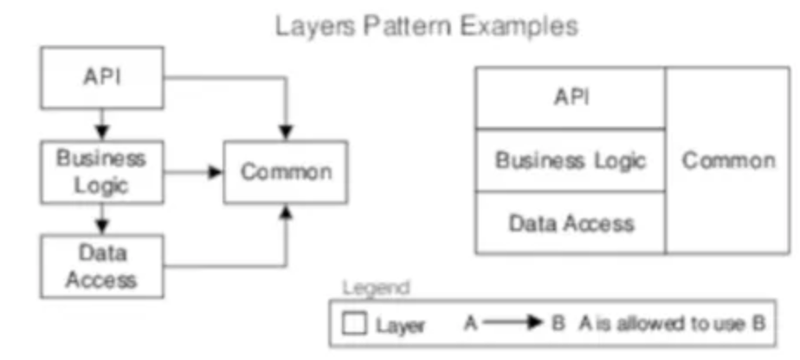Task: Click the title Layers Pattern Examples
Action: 426,26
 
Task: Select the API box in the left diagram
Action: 102,77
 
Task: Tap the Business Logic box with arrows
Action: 102,172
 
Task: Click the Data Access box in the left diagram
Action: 102,266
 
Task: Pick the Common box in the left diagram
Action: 286,172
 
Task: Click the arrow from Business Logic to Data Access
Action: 102,218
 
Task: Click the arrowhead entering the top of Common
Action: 286,132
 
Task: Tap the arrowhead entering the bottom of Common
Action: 286,211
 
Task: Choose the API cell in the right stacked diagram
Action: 571,97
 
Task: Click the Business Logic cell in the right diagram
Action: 571,160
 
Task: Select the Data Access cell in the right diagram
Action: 571,223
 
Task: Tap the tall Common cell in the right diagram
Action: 727,160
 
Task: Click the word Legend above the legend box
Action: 377,287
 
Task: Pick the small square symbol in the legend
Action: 354,325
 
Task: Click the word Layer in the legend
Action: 400,325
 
